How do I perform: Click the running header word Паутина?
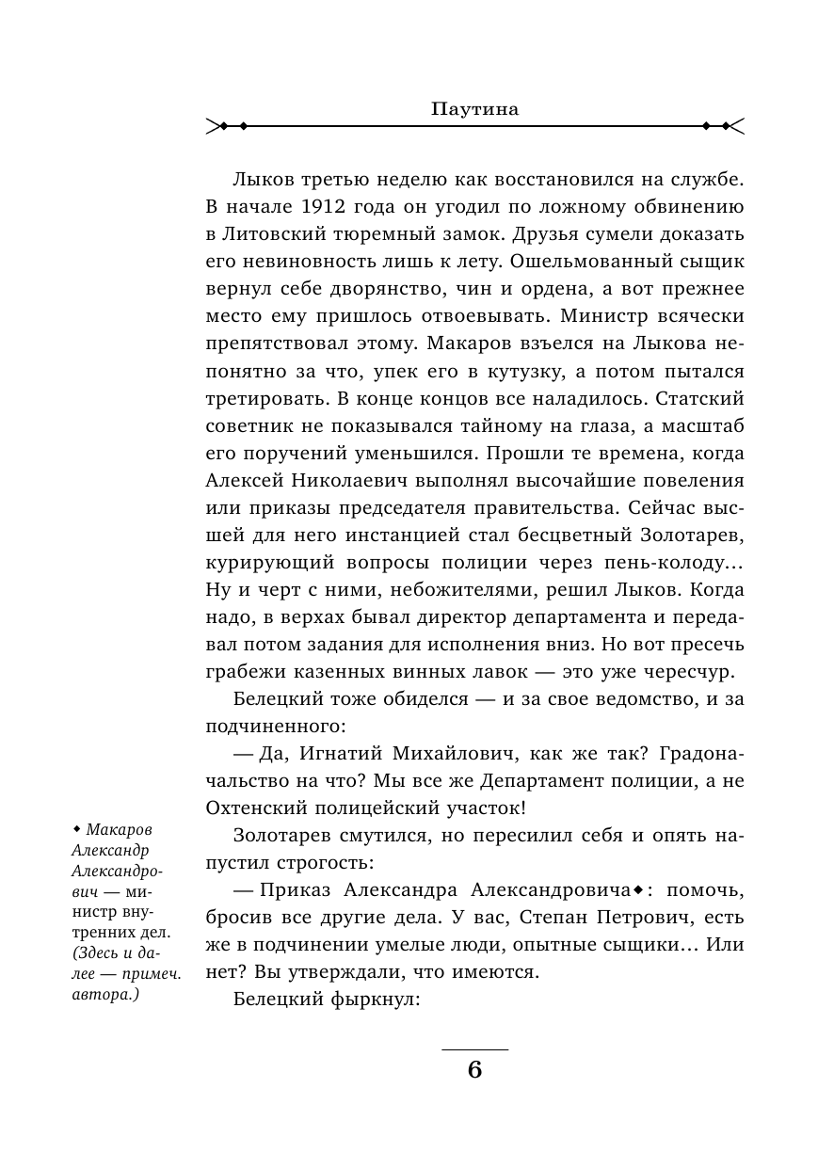475,109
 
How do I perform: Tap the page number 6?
474,1071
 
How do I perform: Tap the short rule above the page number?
474,1048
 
